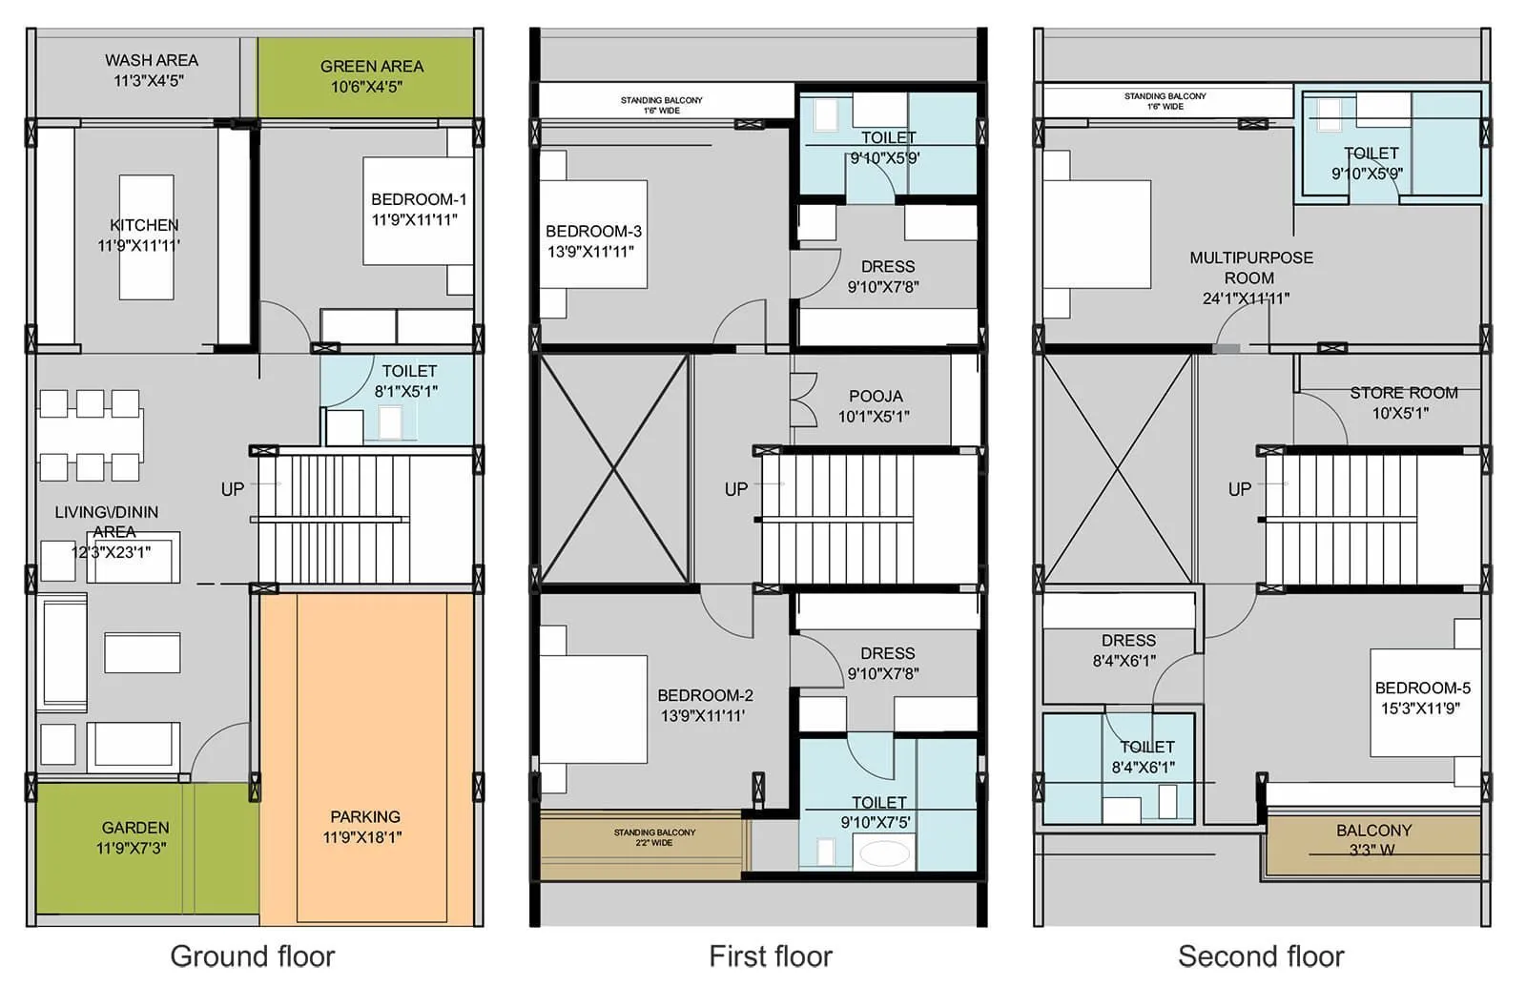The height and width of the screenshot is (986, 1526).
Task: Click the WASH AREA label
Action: click(x=151, y=60)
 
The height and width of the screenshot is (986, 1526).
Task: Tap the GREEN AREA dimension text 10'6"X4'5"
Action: click(x=366, y=87)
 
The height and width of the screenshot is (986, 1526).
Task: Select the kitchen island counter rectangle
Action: click(x=146, y=237)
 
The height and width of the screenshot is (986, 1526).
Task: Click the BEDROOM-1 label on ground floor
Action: click(x=418, y=199)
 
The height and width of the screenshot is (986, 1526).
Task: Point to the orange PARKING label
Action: click(x=364, y=816)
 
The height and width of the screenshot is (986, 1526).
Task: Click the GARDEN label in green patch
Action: click(x=135, y=828)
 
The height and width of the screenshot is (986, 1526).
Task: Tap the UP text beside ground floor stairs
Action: click(x=232, y=489)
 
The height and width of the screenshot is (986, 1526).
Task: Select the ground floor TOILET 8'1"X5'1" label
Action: click(x=409, y=371)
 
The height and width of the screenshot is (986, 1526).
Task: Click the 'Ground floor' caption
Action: click(x=252, y=955)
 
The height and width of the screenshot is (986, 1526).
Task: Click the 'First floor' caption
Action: click(x=770, y=955)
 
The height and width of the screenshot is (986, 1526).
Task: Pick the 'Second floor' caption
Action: click(x=1260, y=955)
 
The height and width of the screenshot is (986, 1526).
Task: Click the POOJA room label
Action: click(x=876, y=396)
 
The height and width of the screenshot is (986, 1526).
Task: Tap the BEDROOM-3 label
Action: click(x=592, y=231)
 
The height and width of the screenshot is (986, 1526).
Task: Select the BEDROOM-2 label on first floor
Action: click(x=705, y=695)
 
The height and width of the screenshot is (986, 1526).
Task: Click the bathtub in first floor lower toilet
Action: click(x=884, y=852)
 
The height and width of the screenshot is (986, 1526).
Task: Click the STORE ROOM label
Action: click(x=1403, y=393)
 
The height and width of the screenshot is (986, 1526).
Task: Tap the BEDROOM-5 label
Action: click(x=1421, y=688)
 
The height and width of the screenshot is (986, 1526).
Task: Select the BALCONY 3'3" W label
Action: click(x=1372, y=831)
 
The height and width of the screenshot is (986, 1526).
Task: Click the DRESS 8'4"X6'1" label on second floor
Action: click(x=1127, y=641)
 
